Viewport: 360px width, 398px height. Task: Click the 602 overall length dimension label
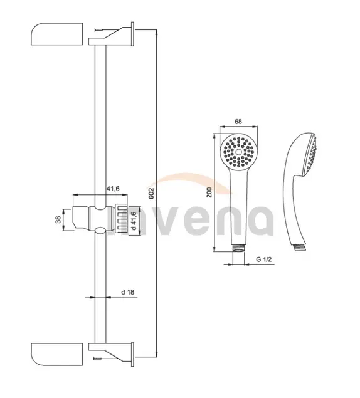[151, 194]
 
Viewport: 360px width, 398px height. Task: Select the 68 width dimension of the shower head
[238, 122]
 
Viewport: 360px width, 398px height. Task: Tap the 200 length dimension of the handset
[209, 192]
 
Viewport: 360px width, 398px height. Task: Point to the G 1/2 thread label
[263, 259]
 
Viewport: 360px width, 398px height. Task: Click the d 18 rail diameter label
[127, 292]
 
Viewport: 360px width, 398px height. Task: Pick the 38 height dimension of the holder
[58, 219]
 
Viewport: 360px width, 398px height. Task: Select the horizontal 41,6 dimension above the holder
[113, 189]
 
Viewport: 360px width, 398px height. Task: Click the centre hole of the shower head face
[239, 152]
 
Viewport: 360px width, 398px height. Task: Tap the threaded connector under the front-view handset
[238, 248]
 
